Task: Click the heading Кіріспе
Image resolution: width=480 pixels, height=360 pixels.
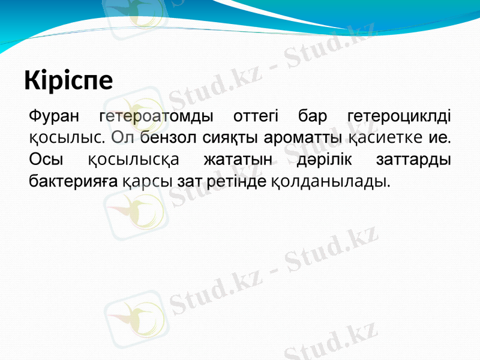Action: (x=68, y=81)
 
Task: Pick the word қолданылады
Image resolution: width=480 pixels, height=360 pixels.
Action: (x=331, y=181)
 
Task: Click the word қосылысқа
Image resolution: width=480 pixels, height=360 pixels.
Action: (x=133, y=160)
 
